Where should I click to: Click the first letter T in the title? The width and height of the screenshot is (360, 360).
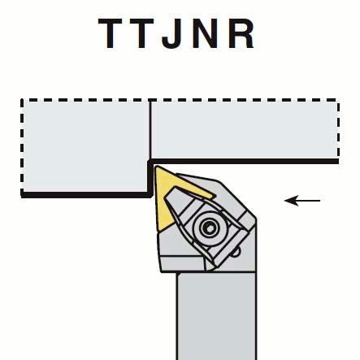coord(110,33)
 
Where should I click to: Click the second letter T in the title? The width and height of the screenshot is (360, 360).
coord(142,33)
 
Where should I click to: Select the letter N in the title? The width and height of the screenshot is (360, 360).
coord(206,33)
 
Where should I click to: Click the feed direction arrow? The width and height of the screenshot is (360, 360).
coord(302,201)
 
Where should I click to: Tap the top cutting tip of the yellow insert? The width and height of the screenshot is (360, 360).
coord(155,167)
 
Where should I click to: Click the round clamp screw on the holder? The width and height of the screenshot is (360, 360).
coord(209,228)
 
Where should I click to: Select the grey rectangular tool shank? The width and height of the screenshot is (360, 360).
coord(216,316)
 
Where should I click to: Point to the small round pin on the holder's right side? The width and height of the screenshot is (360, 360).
coord(236,253)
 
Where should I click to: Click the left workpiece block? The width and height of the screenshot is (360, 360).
coord(85,147)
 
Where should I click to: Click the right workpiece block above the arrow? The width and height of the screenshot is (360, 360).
coord(245,130)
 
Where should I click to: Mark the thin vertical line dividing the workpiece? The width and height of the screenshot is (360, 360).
coord(150,130)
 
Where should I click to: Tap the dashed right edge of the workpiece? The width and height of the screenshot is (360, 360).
coord(338,130)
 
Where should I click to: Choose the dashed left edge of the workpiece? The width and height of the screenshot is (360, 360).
coord(22,147)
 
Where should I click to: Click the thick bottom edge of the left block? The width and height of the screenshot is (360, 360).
coord(85,195)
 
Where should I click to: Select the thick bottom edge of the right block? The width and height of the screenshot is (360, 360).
coord(244,162)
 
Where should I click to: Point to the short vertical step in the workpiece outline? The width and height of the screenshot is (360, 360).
coord(150,178)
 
